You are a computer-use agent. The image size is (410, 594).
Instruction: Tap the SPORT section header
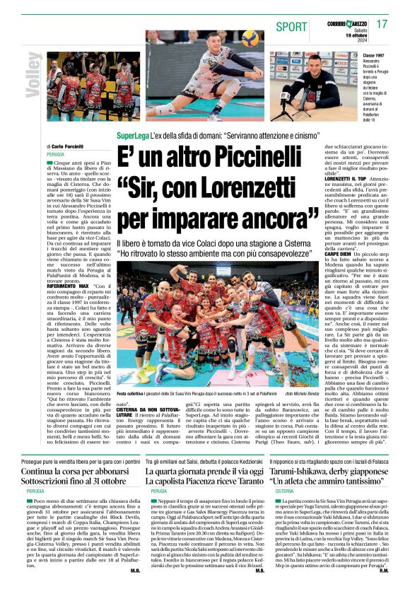[x=291, y=27]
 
